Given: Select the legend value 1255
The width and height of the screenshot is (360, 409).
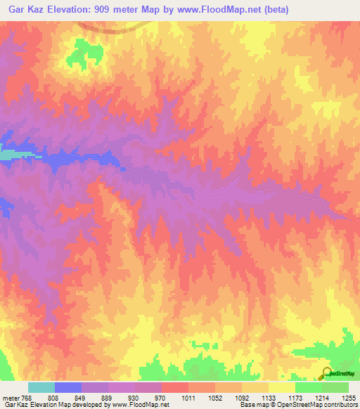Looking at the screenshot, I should coord(340,397).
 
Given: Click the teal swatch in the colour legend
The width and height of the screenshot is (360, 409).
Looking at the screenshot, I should coord(41,387).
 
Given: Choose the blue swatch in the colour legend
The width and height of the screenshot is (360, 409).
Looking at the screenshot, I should coord(67,387).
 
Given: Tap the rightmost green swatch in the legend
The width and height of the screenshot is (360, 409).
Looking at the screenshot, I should coord(335,387).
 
